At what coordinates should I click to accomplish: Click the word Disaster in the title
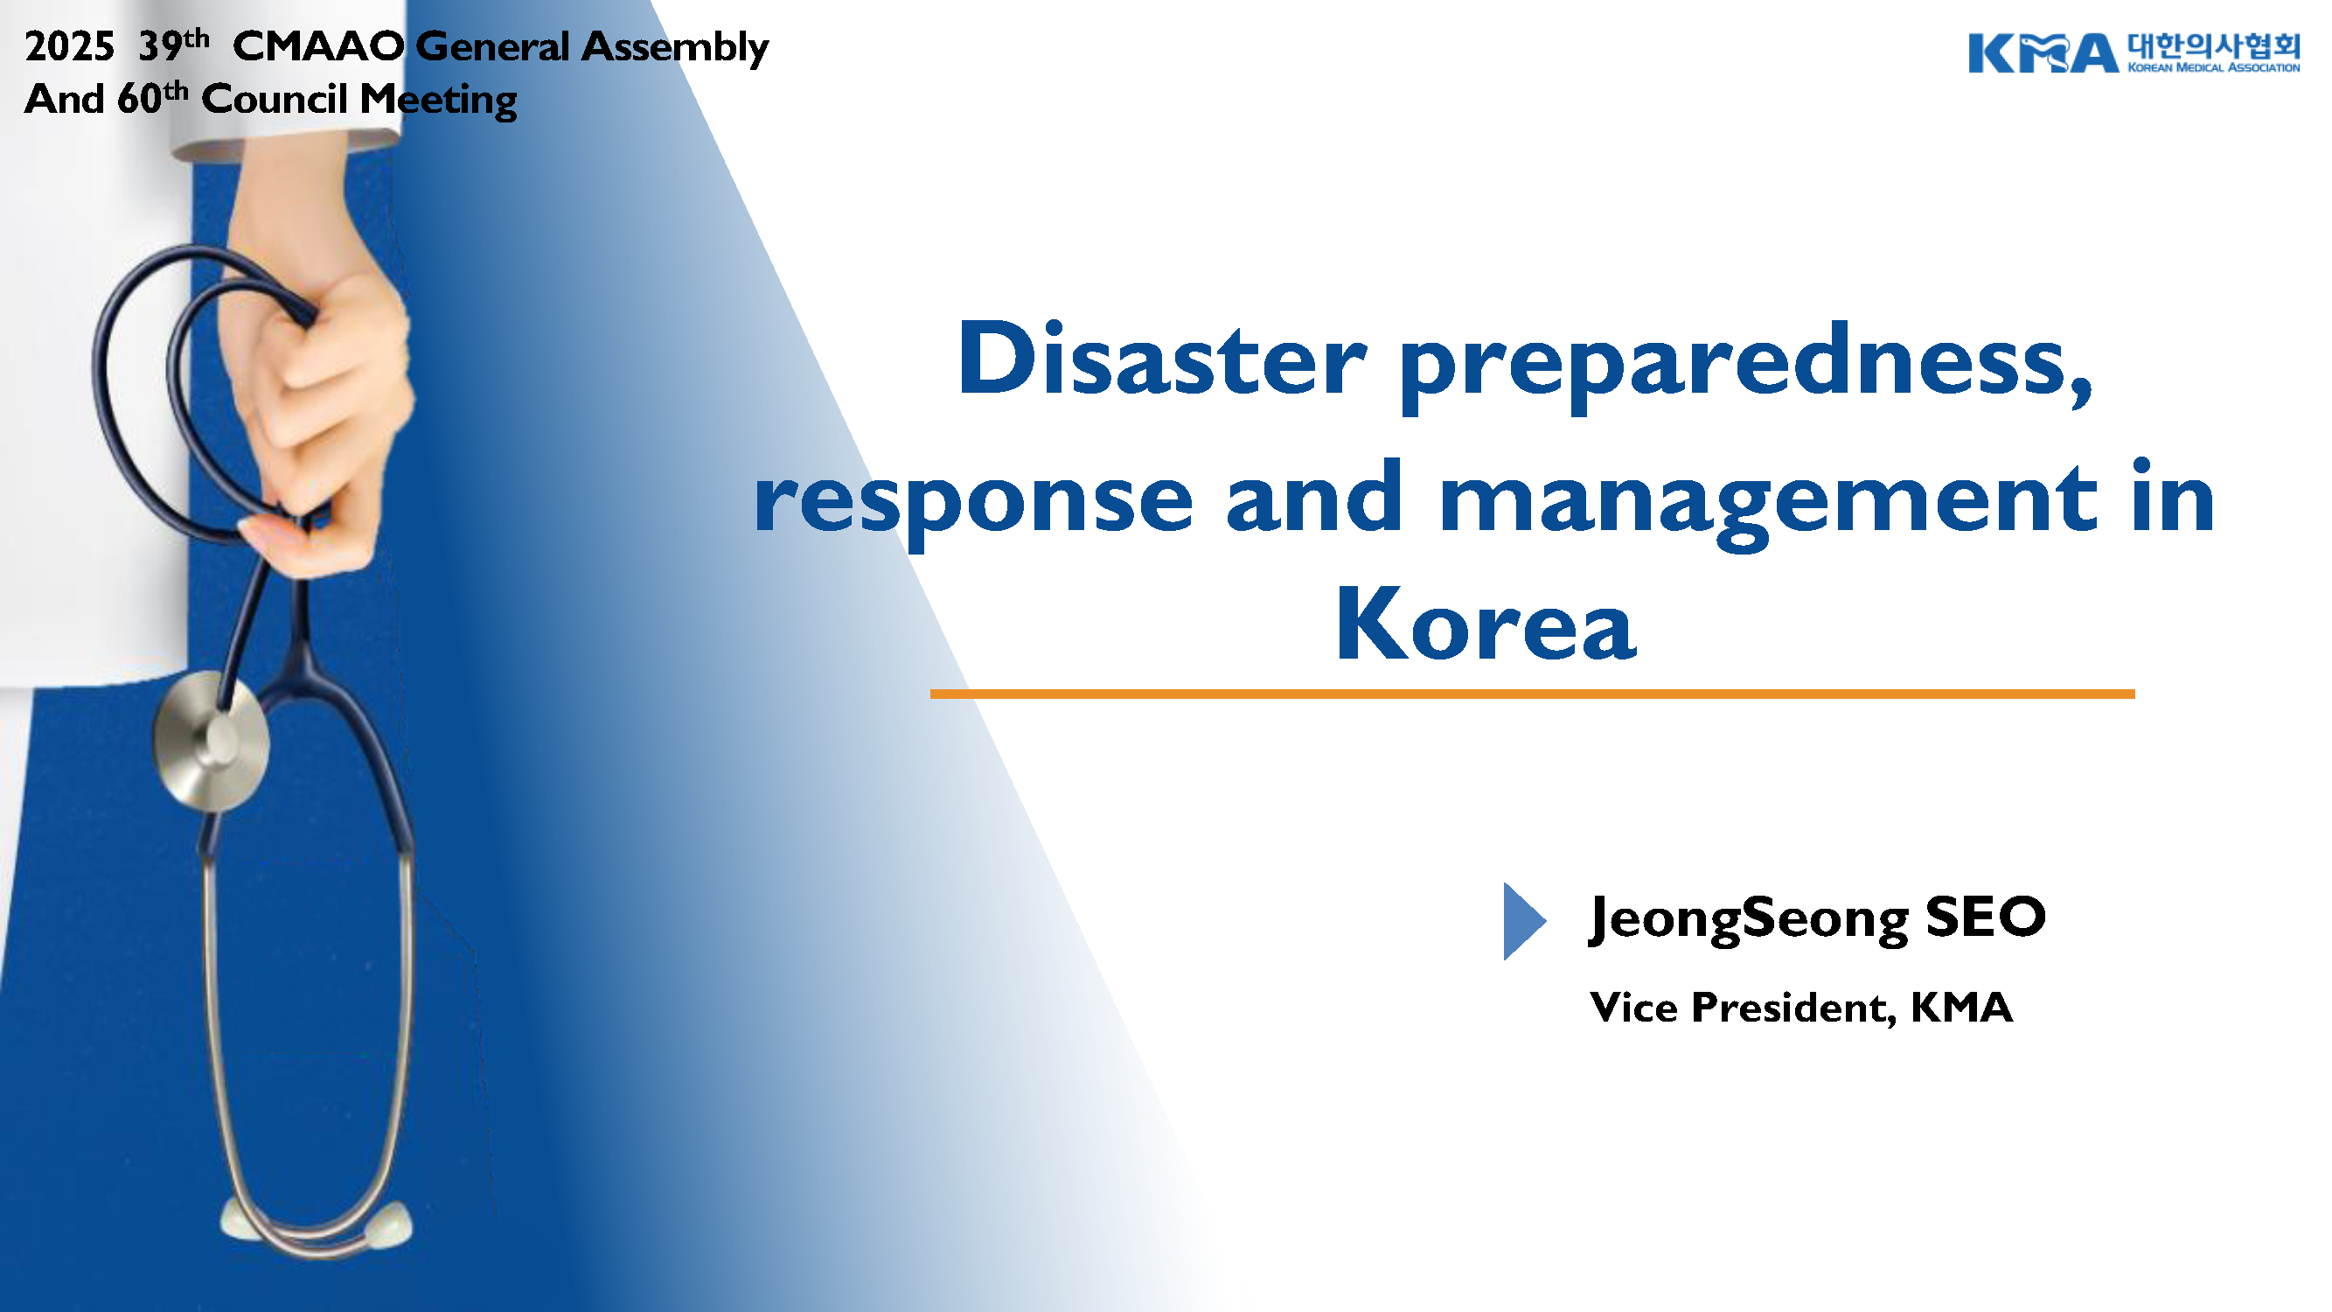tap(1161, 359)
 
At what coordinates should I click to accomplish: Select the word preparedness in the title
tap(1746, 366)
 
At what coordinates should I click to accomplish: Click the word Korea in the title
tap(1486, 624)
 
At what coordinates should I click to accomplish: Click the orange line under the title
tap(1532, 694)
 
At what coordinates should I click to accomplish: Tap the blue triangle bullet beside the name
tap(1524, 921)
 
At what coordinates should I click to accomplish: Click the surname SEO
tap(1985, 916)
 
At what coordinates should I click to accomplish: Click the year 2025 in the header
tap(70, 47)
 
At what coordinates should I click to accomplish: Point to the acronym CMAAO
tap(317, 47)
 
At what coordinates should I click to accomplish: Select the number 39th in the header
tap(174, 45)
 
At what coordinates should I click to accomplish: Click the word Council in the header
tap(275, 99)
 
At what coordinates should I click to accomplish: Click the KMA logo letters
tap(2043, 53)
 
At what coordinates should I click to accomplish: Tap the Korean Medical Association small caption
tap(2212, 67)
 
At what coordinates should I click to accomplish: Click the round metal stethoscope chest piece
tap(212, 742)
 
